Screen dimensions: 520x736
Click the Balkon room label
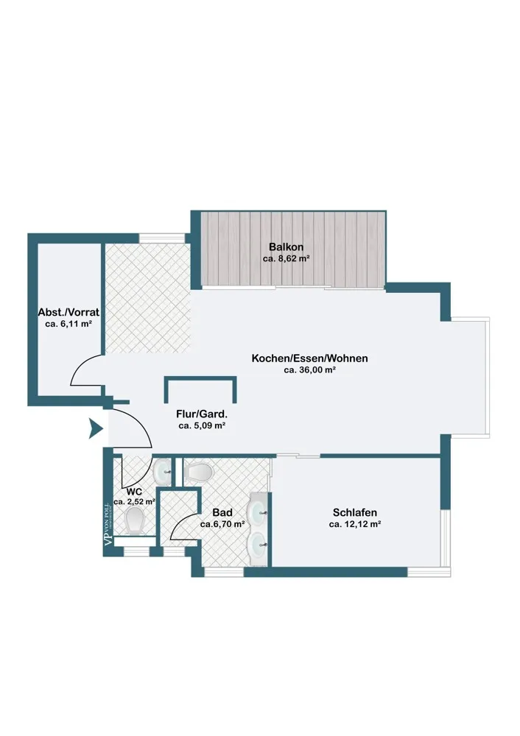286,247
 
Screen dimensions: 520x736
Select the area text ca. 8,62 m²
286,258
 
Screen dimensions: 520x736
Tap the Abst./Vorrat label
68,312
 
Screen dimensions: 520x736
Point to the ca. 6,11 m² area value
68,324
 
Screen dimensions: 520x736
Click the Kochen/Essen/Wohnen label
309,358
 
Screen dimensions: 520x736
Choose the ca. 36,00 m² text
309,370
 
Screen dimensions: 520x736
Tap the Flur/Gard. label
202,414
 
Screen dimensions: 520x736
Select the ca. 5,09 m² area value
202,425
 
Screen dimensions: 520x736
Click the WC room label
134,492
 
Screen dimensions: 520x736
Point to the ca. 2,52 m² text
134,502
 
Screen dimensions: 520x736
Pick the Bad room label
222,512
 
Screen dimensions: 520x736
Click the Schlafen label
355,512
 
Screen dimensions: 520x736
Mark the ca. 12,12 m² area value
355,524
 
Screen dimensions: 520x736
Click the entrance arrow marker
96,428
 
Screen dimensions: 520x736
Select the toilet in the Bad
199,472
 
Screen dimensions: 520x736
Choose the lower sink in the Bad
259,544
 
